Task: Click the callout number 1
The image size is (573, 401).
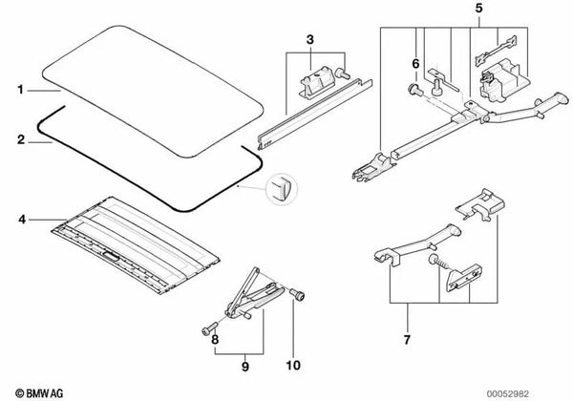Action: pyautogui.click(x=20, y=90)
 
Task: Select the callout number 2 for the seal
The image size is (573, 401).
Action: pyautogui.click(x=21, y=140)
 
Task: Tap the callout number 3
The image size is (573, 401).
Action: pyautogui.click(x=309, y=39)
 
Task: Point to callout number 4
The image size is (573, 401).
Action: pyautogui.click(x=22, y=220)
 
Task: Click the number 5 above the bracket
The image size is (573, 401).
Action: pyautogui.click(x=478, y=8)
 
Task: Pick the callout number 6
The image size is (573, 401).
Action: pyautogui.click(x=415, y=64)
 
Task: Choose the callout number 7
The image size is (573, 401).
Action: pyautogui.click(x=407, y=340)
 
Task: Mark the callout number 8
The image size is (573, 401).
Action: pyautogui.click(x=215, y=340)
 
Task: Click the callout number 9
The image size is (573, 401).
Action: pyautogui.click(x=245, y=367)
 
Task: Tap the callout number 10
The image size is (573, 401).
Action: pyautogui.click(x=293, y=366)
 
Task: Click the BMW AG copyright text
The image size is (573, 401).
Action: pyautogui.click(x=39, y=393)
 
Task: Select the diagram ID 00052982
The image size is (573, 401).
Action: pyautogui.click(x=507, y=394)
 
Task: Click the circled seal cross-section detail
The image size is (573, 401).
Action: pyautogui.click(x=282, y=189)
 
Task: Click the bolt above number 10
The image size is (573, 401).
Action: pyautogui.click(x=297, y=294)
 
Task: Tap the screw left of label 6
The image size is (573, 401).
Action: pyautogui.click(x=415, y=90)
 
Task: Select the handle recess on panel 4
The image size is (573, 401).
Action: pyautogui.click(x=111, y=257)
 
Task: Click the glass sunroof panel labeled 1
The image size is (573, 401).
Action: pyautogui.click(x=153, y=92)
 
